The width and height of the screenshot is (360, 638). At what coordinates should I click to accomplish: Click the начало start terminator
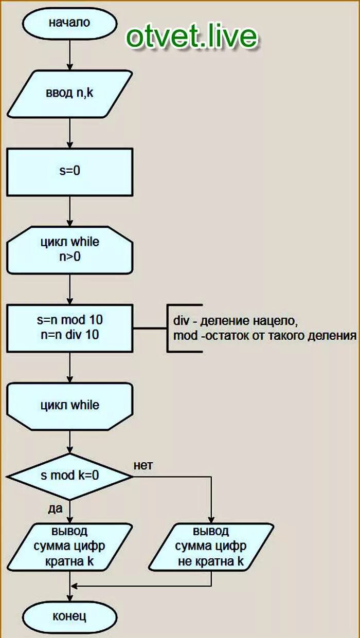(69, 23)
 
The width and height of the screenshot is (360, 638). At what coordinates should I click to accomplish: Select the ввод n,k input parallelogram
(69, 94)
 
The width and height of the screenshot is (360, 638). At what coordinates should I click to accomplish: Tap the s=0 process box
(69, 171)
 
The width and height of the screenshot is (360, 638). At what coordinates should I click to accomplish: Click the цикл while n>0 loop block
(69, 249)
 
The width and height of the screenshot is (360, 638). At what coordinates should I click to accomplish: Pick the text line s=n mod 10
(69, 320)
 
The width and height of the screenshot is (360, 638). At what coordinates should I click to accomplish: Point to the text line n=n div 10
(69, 335)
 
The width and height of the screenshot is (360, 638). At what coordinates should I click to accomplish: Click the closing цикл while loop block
(69, 405)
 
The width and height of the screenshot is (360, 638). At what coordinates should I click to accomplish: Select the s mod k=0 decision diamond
(69, 476)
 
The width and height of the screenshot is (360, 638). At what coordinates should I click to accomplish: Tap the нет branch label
(143, 466)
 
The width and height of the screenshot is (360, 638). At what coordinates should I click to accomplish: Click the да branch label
(55, 508)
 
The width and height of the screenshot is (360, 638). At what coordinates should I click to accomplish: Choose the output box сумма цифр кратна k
(69, 546)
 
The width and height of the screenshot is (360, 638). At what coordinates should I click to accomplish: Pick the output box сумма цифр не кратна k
(211, 546)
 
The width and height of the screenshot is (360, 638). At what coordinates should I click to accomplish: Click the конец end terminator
(69, 616)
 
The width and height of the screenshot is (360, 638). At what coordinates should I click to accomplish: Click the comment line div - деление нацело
(235, 321)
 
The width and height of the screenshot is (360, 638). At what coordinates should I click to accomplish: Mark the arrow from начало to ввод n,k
(69, 53)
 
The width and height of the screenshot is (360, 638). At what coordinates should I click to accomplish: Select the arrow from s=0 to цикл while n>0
(69, 210)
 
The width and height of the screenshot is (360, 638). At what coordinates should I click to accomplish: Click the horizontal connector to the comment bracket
(150, 327)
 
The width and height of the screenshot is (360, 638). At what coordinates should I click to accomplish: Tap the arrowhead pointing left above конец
(75, 586)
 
